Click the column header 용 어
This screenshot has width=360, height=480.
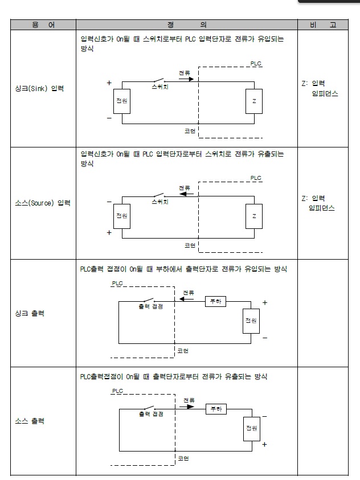coord(43,25)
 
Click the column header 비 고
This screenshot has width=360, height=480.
coord(322,25)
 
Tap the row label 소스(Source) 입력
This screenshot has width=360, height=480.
coord(43,203)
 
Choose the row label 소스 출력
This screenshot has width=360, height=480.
coord(30,422)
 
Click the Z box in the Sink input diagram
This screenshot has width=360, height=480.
coord(254,101)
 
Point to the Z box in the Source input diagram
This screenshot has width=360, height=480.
coord(254,216)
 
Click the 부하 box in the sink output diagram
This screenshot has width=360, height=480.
coord(215,302)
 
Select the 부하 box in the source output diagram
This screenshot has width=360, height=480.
coord(215,409)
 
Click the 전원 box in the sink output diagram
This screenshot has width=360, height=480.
coord(251,321)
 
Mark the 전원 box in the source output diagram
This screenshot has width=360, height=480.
coord(251,428)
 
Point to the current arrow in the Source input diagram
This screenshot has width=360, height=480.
coord(186,194)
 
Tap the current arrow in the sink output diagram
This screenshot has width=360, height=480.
coord(189,299)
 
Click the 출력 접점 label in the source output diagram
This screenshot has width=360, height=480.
coord(151,415)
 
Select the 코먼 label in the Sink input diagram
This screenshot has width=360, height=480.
coord(190,130)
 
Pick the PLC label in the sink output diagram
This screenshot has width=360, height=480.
coord(117,283)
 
